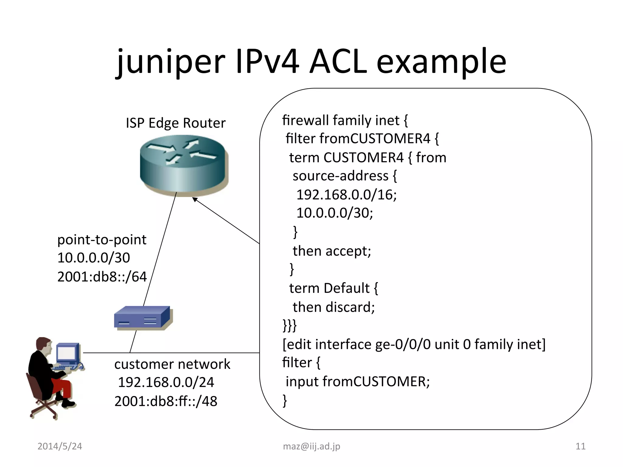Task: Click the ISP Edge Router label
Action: click(x=176, y=123)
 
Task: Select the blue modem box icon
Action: click(x=143, y=318)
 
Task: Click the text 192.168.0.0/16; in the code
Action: click(x=346, y=195)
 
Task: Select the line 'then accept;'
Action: click(x=332, y=251)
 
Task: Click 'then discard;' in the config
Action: click(x=333, y=307)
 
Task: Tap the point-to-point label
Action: click(x=102, y=240)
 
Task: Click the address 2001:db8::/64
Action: click(x=102, y=277)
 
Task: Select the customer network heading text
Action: click(x=172, y=364)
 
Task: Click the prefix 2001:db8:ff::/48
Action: click(x=166, y=401)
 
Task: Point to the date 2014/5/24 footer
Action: click(x=60, y=446)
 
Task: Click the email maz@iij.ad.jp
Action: click(x=311, y=446)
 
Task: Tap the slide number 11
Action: click(x=580, y=446)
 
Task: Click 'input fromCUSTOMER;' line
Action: click(x=358, y=382)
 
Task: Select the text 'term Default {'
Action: click(x=333, y=288)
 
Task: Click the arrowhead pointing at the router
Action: click(x=195, y=200)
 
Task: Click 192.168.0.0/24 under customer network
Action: click(x=166, y=382)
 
